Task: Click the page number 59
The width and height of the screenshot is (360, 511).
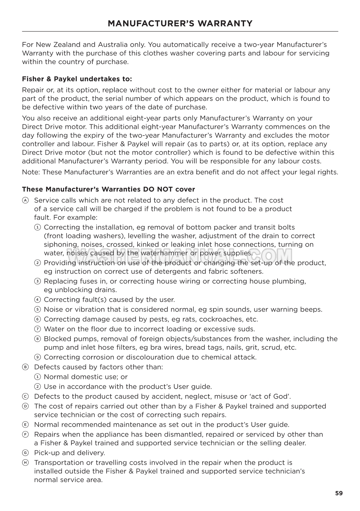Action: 339,493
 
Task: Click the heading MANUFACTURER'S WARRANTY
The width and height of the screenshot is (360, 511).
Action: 180,24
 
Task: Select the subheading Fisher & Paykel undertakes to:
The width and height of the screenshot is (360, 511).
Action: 77,79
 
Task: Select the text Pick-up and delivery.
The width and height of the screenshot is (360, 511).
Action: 70,453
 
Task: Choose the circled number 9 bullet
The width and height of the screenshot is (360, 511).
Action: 38,357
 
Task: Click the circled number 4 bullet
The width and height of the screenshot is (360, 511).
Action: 38,300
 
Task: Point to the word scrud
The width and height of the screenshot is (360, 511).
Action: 268,347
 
